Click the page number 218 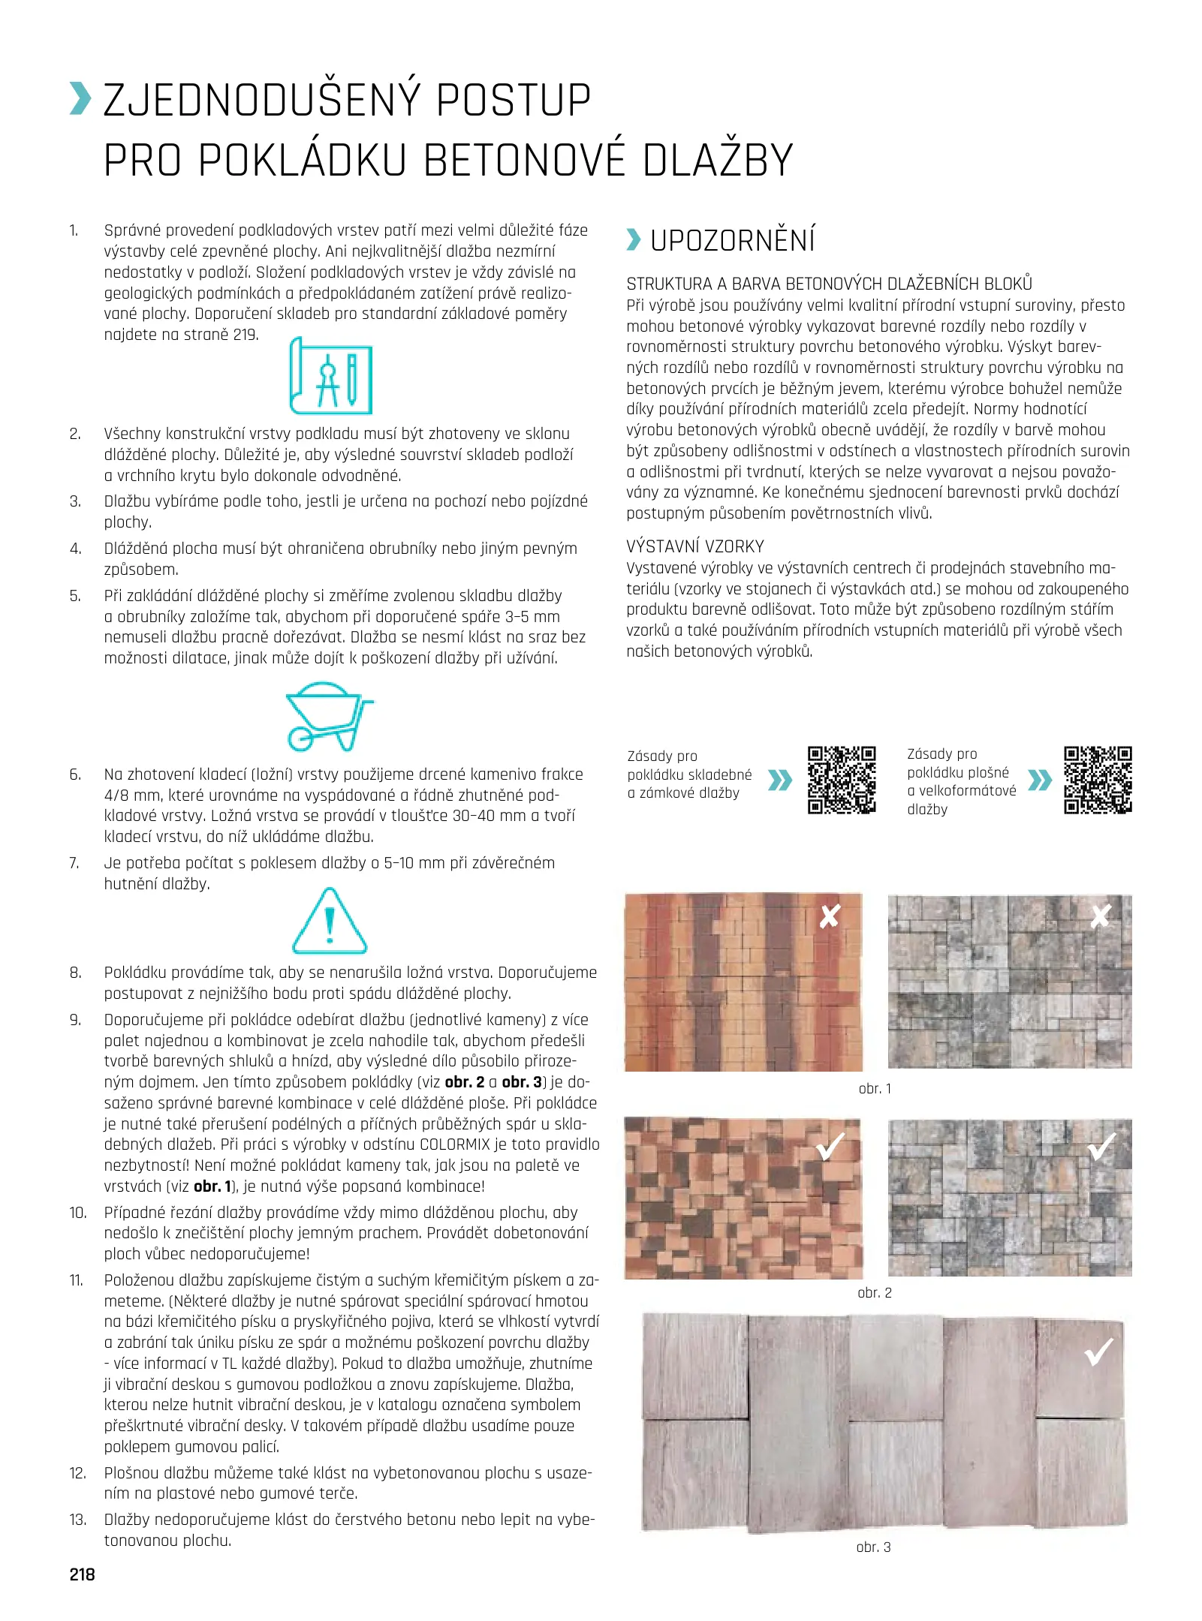(82, 1574)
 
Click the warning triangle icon (329, 922)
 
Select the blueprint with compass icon (330, 376)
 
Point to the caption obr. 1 (875, 1088)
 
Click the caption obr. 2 (875, 1292)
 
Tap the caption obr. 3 (873, 1547)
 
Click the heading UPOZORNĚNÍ (732, 241)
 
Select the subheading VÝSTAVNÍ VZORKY (695, 546)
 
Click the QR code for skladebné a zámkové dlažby (842, 780)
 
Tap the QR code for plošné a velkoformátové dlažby (1098, 780)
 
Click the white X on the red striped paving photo (829, 916)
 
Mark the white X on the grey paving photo (1100, 916)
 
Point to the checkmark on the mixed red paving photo (830, 1146)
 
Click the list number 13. (77, 1520)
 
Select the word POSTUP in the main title (513, 101)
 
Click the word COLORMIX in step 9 (465, 1144)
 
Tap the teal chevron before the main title (80, 99)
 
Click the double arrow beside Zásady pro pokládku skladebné (780, 780)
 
